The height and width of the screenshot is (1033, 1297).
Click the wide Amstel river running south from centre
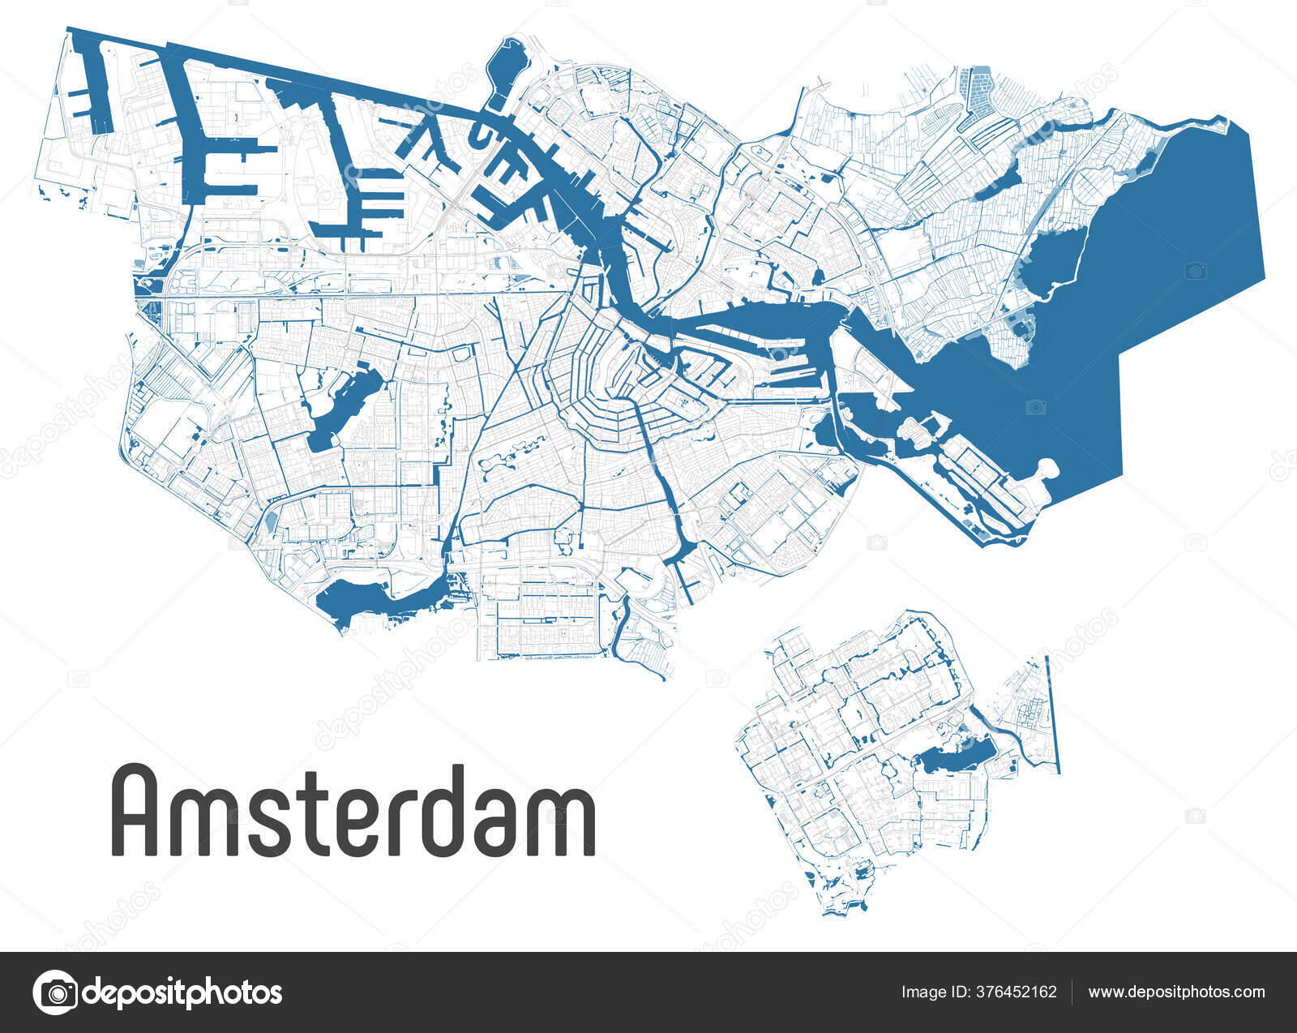pyautogui.click(x=668, y=503)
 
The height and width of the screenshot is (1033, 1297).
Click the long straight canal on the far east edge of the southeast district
pyautogui.click(x=1053, y=714)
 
